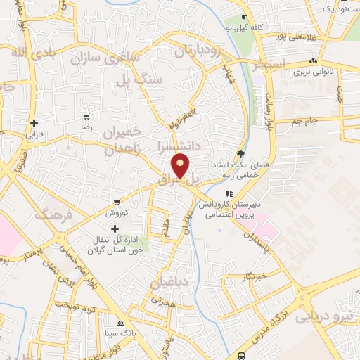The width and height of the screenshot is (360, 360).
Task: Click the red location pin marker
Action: coord(181,165)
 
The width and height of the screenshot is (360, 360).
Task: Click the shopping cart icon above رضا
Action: coord(86,117)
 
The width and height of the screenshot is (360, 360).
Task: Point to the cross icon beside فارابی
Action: coord(34,123)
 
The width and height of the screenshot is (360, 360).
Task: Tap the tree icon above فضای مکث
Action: coord(241,154)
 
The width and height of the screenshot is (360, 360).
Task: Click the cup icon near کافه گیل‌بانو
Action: coord(244,18)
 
